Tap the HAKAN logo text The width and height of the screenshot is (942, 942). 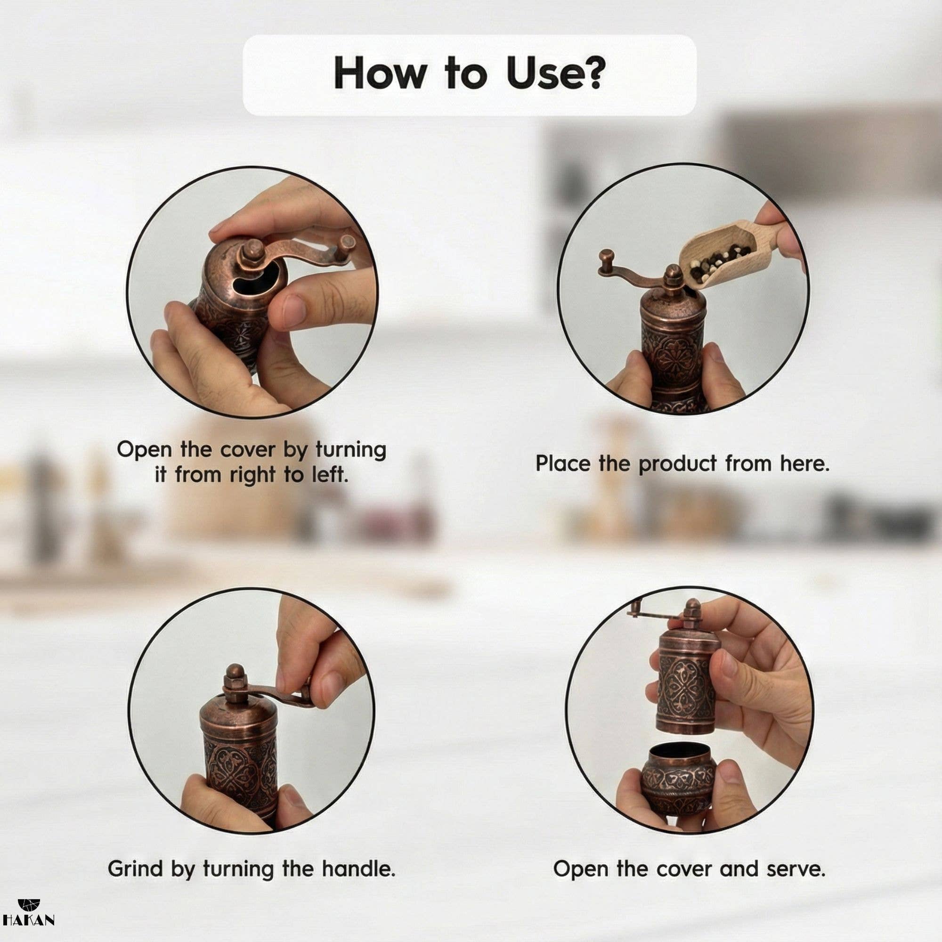tap(28, 919)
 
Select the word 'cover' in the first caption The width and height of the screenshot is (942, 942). tap(249, 450)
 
